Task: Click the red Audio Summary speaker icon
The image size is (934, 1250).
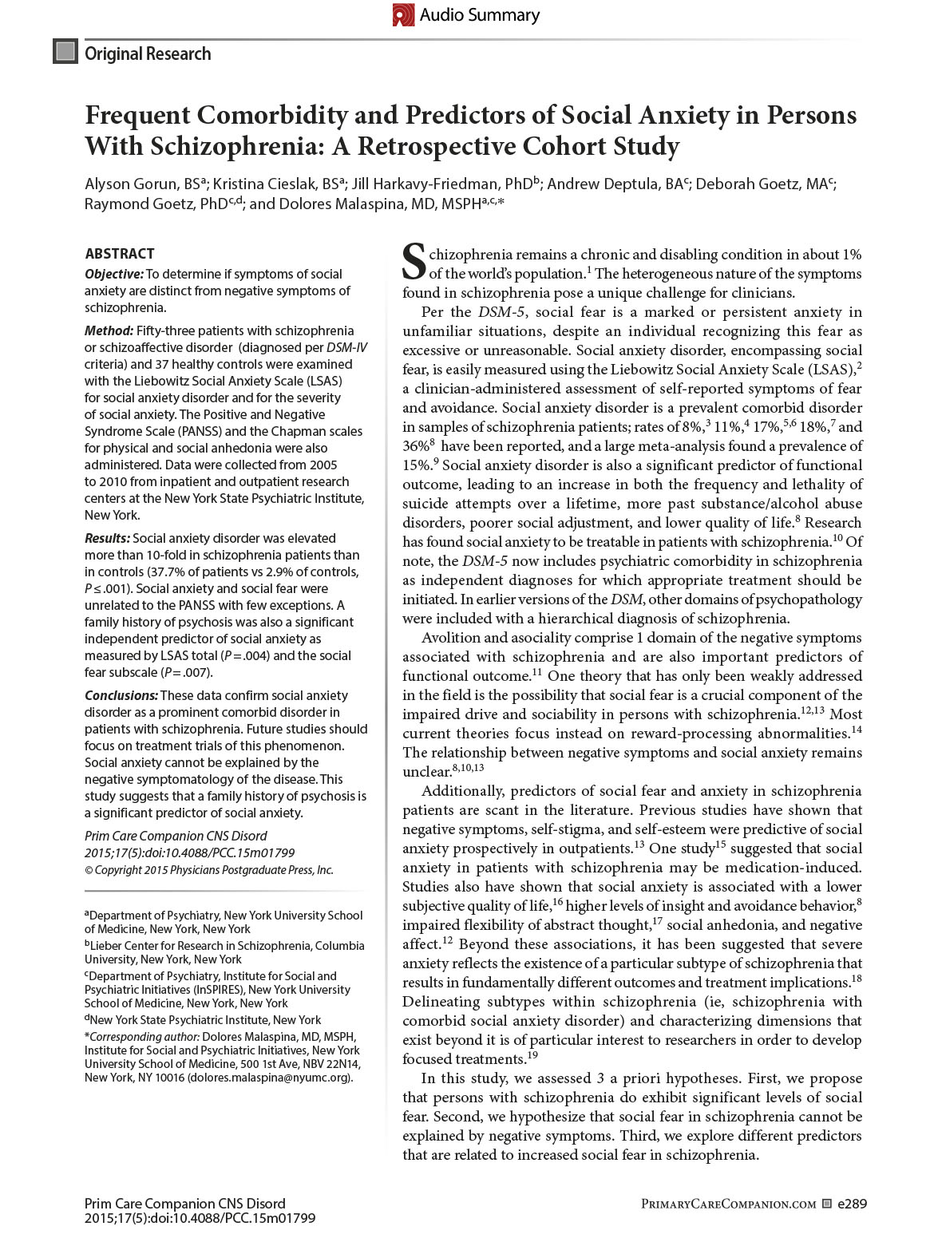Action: (x=404, y=15)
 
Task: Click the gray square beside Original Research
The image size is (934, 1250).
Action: (x=65, y=53)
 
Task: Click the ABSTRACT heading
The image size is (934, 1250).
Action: (x=120, y=254)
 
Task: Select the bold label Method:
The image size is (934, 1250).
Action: (x=109, y=330)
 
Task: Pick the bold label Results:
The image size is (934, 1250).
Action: (x=108, y=538)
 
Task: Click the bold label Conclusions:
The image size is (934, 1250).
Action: (x=121, y=695)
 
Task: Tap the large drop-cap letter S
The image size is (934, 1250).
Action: (x=414, y=262)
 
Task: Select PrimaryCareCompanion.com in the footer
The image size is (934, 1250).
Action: (x=728, y=1204)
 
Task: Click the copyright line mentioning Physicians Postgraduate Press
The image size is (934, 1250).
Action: (x=209, y=870)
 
